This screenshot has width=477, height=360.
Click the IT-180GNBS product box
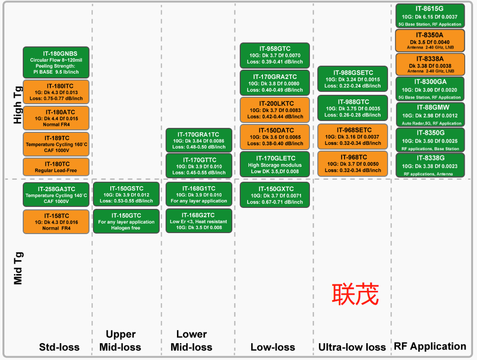tap(56, 62)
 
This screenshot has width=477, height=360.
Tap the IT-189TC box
tap(56, 144)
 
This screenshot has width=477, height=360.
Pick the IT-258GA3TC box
tap(56, 195)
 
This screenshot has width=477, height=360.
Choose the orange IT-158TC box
tap(56, 222)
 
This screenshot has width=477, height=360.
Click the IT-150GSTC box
tap(127, 195)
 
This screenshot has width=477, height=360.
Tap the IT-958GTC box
tap(275, 55)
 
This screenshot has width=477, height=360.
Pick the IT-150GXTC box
tap(275, 195)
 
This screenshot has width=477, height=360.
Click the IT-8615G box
tap(430, 16)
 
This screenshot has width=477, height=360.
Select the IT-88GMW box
tap(430, 115)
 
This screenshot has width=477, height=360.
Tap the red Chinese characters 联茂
tap(355, 295)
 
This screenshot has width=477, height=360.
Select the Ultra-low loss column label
tap(352, 347)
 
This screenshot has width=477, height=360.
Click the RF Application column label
tap(430, 346)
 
